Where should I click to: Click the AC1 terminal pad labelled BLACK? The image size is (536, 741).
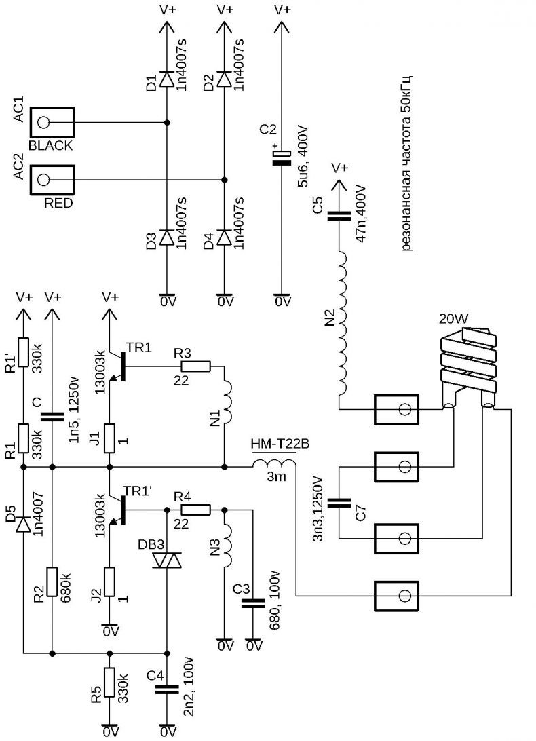pyautogui.click(x=52, y=123)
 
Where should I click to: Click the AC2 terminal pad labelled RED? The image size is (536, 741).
pyautogui.click(x=52, y=180)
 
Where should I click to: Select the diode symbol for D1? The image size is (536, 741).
pyautogui.click(x=167, y=79)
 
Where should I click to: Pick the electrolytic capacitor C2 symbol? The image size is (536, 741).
pyautogui.click(x=282, y=157)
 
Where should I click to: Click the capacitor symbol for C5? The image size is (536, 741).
pyautogui.click(x=339, y=216)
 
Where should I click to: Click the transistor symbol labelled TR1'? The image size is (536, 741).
pyautogui.click(x=118, y=511)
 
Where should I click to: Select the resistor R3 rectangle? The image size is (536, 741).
pyautogui.click(x=195, y=366)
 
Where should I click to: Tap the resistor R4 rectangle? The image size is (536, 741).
pyautogui.click(x=195, y=510)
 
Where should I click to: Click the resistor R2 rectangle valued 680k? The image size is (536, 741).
pyautogui.click(x=52, y=582)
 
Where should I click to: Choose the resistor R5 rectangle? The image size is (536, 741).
pyautogui.click(x=110, y=683)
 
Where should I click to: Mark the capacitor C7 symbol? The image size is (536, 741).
pyautogui.click(x=339, y=503)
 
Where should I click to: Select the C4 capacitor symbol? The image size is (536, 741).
pyautogui.click(x=167, y=690)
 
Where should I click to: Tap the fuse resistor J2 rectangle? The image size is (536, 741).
pyautogui.click(x=110, y=582)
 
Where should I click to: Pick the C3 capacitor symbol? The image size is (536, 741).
pyautogui.click(x=253, y=603)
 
